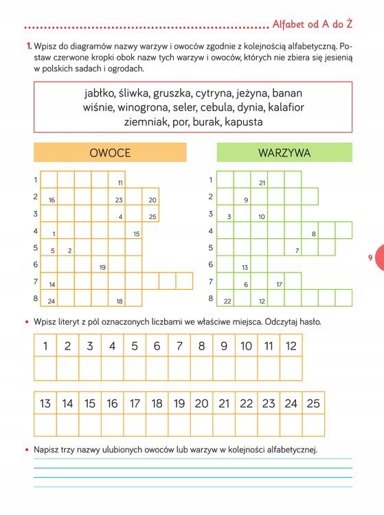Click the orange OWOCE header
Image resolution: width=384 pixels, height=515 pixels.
[110, 152]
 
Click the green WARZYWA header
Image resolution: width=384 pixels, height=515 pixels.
[284, 152]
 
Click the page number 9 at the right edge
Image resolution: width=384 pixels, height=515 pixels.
[370, 257]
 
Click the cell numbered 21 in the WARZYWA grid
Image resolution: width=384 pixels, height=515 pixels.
[260, 180]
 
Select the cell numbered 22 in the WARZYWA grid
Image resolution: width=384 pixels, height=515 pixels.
[226, 298]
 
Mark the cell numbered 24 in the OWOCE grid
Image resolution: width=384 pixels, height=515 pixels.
[49, 298]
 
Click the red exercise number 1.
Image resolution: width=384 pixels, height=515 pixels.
[28, 46]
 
